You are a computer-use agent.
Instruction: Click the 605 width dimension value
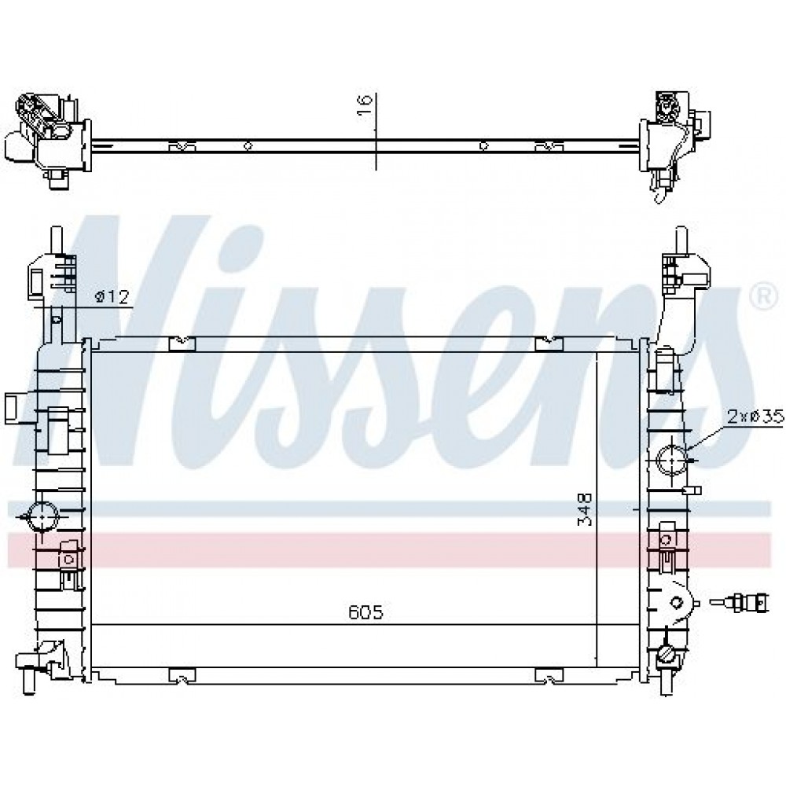[365, 612]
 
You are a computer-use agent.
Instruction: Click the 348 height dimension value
[585, 510]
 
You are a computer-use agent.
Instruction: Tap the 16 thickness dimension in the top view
[365, 105]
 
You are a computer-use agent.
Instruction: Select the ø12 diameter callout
[112, 297]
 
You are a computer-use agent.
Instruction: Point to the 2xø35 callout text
[755, 416]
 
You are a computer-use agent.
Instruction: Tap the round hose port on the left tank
[43, 516]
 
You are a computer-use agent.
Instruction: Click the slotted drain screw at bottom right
[667, 654]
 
